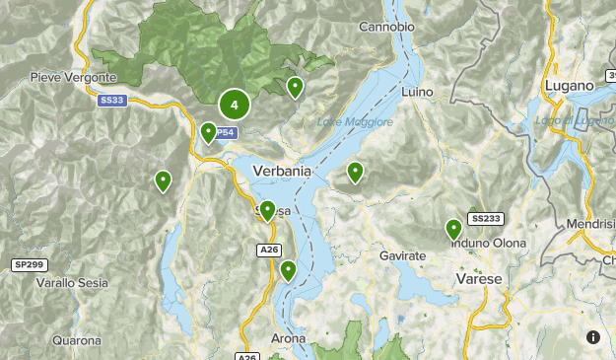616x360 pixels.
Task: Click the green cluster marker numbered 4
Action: point(234,105)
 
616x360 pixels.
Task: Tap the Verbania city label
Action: point(282,171)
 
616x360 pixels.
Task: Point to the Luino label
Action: point(419,92)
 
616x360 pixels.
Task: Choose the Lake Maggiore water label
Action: point(355,122)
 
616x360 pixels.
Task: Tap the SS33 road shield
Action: point(112,100)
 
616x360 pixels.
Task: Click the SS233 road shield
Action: point(485,219)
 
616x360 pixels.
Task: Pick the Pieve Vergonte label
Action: point(73,77)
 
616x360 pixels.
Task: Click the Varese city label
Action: point(479,279)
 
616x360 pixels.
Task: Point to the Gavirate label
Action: point(402,255)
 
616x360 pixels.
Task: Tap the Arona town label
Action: point(288,338)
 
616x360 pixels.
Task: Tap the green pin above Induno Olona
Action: point(454,230)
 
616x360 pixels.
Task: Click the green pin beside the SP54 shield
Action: point(208,132)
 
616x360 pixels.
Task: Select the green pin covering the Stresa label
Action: point(267,210)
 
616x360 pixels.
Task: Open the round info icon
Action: point(593,337)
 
